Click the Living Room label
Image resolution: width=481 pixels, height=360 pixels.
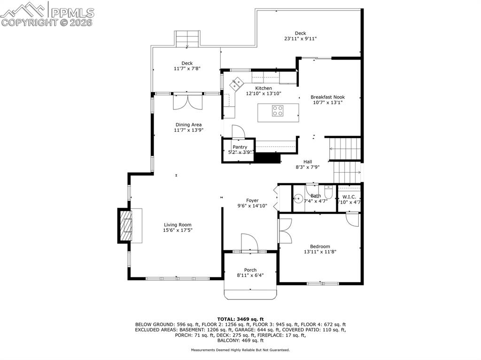tap(178, 225)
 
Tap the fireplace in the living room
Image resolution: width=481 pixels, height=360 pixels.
tap(125, 226)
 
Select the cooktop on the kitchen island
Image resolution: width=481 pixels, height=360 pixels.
tap(278, 111)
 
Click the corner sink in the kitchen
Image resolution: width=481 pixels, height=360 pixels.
tap(236, 84)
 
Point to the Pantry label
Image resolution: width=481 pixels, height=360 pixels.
tap(240, 147)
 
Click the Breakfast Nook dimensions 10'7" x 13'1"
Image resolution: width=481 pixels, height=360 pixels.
tap(327, 102)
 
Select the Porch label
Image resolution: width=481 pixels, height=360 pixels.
tap(250, 270)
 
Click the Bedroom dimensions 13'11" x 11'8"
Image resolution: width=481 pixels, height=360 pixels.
tap(320, 252)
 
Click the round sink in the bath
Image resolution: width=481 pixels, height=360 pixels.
tap(299, 197)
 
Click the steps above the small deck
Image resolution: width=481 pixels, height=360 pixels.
tap(187, 39)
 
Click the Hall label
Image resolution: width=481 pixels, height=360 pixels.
tap(307, 161)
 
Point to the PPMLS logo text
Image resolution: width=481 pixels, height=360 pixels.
tap(73, 12)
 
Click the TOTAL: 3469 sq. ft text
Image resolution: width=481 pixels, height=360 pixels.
tap(240, 319)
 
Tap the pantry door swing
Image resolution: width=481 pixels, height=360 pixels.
tap(238, 132)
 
